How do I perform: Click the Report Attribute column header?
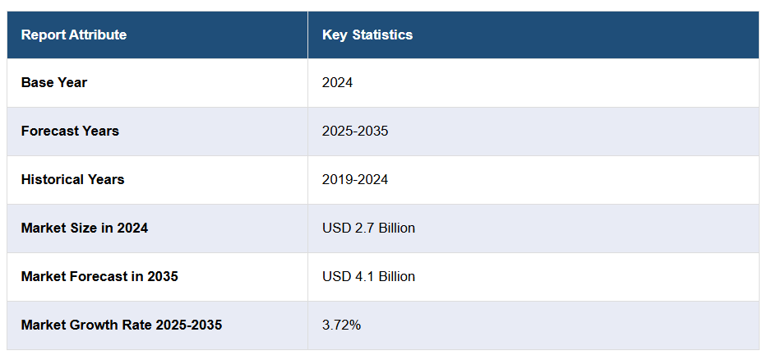(74, 35)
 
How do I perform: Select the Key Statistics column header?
(367, 35)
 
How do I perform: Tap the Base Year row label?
(54, 82)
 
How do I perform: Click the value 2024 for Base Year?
(338, 82)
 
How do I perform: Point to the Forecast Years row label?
(70, 131)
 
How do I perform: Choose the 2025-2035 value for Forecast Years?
(355, 131)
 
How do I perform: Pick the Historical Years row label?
(72, 179)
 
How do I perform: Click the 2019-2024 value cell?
(355, 179)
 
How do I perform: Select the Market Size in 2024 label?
(85, 228)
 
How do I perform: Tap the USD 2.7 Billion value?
(368, 228)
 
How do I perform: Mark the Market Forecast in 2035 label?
(99, 276)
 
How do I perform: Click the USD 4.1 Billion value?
(368, 276)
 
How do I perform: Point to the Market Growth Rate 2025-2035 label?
(122, 325)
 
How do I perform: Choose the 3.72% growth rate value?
(342, 325)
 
